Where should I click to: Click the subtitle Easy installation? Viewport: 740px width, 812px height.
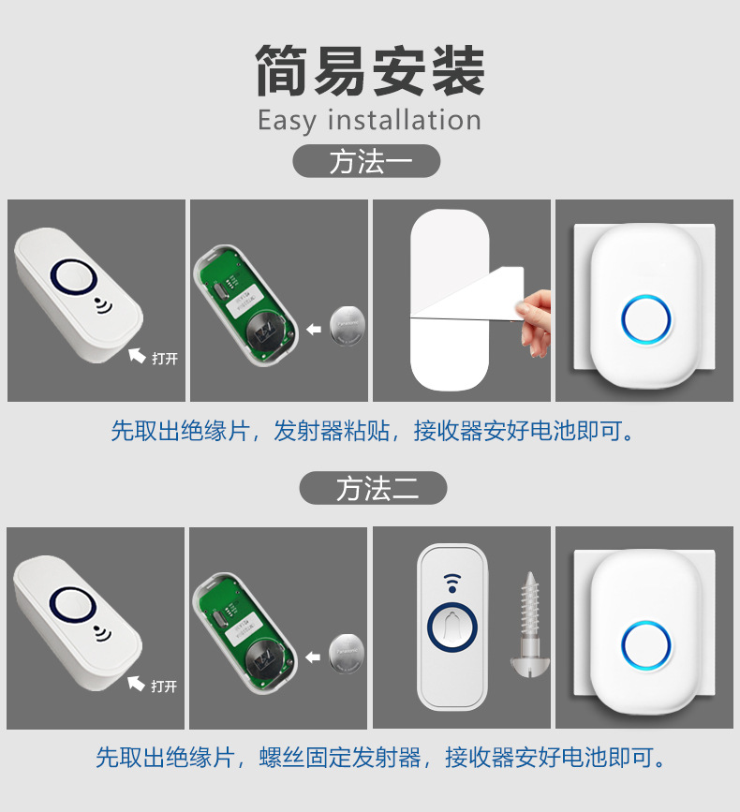tap(369, 121)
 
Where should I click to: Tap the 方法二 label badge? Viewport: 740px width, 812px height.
tap(373, 488)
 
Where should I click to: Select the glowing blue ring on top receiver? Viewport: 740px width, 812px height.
tap(645, 320)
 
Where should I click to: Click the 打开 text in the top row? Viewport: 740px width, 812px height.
tap(165, 359)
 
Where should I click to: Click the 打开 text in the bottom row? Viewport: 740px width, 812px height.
tap(164, 687)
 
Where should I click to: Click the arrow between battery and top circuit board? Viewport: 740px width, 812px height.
tap(314, 328)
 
